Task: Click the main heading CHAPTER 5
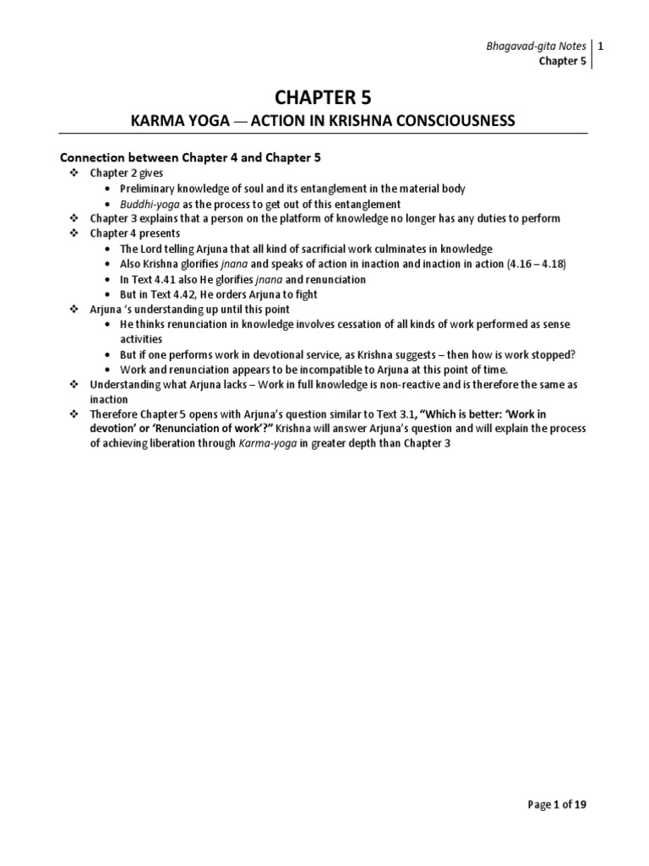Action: tap(324, 97)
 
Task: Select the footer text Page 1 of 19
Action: tap(552, 804)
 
